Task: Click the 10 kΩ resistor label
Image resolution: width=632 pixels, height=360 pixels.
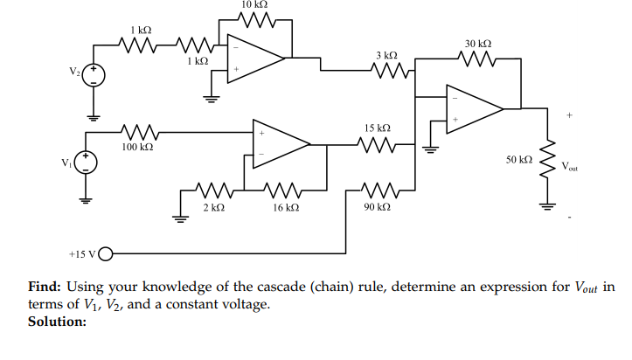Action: [253, 5]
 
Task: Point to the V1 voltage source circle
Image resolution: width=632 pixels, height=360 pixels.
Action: [86, 162]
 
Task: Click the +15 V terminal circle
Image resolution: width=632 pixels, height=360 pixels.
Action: [107, 255]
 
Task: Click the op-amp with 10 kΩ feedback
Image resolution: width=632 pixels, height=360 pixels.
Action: [254, 58]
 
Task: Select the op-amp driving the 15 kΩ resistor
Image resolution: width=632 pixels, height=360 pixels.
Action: [280, 143]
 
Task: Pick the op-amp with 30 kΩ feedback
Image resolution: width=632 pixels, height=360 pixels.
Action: [473, 108]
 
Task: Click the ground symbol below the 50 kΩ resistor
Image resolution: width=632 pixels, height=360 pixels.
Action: [549, 206]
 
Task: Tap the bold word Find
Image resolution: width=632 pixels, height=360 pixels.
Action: [44, 287]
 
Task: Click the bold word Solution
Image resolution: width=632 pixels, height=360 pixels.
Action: [58, 322]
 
